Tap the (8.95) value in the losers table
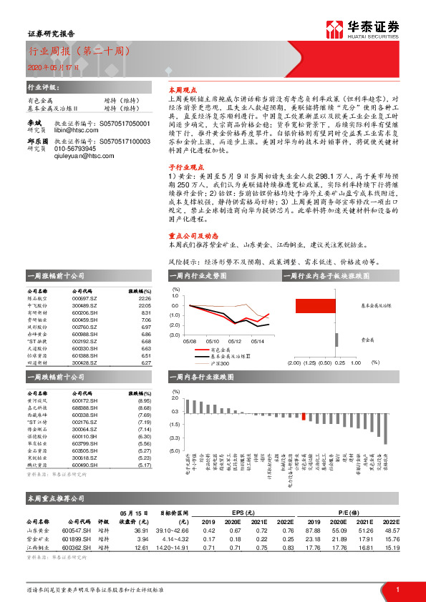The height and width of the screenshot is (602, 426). pyautogui.click(x=143, y=401)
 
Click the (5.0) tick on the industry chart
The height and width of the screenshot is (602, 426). pyautogui.click(x=175, y=451)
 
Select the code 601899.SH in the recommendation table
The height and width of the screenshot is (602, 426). pyautogui.click(x=77, y=538)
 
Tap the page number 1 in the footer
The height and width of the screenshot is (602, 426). pyautogui.click(x=397, y=589)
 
